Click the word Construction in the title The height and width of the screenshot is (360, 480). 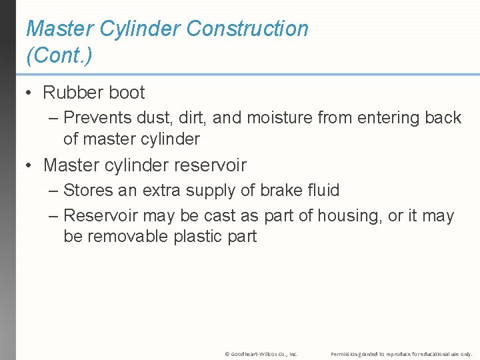247,29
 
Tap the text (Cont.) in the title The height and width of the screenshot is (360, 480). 59,55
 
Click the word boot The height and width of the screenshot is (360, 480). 127,93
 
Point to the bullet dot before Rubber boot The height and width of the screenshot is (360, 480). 29,93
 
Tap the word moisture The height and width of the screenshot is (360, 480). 279,118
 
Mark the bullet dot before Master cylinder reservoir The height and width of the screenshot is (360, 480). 29,165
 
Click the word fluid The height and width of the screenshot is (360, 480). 322,191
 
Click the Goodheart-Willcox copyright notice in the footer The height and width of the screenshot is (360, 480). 261,353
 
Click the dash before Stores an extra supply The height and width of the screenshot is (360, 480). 53,191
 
